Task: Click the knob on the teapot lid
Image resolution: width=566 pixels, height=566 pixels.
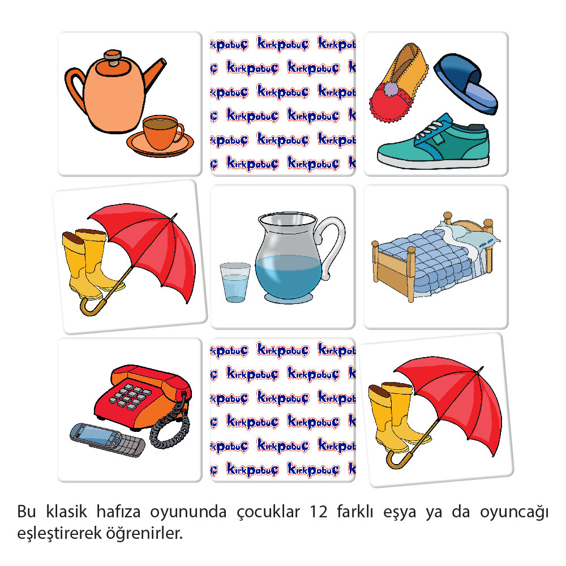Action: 113,57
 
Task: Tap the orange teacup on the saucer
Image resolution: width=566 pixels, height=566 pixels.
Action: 162,132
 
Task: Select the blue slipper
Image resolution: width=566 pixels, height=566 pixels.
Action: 466,84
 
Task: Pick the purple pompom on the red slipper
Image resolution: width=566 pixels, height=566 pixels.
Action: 389,89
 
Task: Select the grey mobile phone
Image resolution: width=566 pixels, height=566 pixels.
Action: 107,440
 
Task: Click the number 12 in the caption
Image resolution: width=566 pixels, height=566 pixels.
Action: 318,512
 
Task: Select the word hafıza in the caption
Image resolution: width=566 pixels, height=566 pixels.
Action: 118,512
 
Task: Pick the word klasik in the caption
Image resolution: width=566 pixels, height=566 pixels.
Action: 66,512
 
